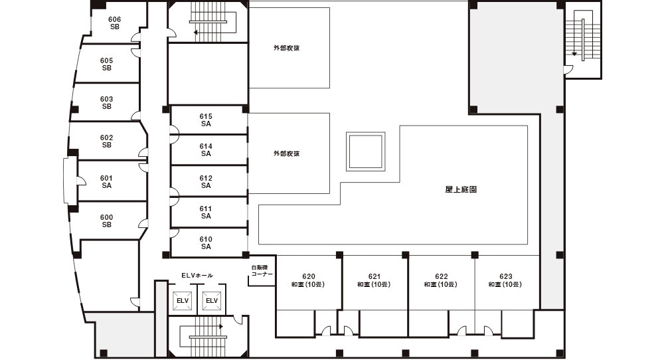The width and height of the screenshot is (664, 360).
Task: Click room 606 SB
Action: (114, 23)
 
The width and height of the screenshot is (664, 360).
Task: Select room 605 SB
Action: (107, 64)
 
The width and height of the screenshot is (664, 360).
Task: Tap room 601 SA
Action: (107, 182)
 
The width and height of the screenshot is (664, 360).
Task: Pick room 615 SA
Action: (207, 120)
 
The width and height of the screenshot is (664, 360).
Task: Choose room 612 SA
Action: (207, 182)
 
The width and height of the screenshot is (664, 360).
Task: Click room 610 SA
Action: (207, 242)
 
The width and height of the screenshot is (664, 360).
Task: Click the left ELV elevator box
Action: (183, 301)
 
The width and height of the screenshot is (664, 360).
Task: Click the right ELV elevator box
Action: (212, 301)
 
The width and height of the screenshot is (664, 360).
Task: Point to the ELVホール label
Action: (197, 275)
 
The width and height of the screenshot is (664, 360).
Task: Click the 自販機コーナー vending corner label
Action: (262, 271)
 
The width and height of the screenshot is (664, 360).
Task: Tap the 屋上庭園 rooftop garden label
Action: (461, 189)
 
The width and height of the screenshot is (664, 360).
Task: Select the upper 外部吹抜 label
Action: (287, 48)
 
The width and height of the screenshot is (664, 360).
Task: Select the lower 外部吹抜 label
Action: (287, 153)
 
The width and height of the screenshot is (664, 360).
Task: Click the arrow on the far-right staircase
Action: (574, 54)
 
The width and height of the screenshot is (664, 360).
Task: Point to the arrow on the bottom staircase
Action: (220, 327)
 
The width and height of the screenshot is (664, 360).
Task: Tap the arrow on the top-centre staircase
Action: (196, 32)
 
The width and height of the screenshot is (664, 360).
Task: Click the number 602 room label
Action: (107, 137)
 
